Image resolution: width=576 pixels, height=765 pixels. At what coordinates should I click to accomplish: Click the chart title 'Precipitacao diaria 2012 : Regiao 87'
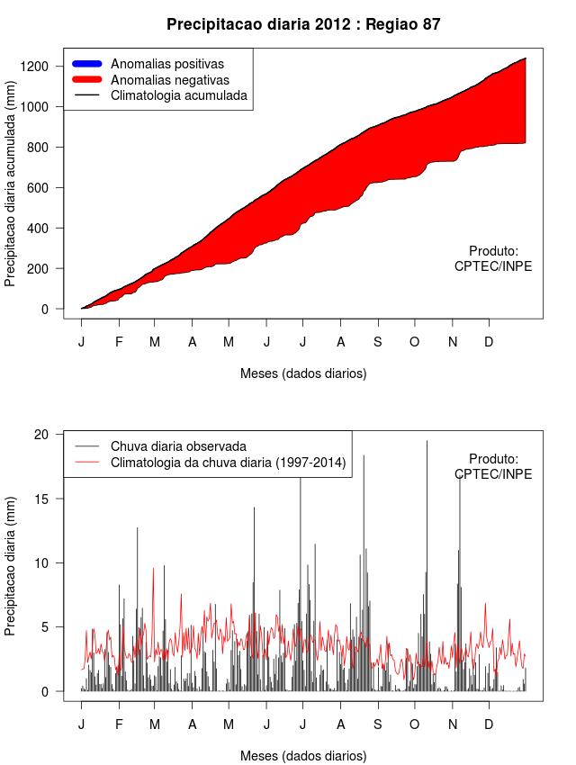[x=303, y=24]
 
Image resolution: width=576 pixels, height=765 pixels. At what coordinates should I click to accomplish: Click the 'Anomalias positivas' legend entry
[x=166, y=64]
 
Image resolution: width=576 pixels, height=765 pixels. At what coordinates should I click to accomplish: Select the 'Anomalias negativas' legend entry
[x=169, y=79]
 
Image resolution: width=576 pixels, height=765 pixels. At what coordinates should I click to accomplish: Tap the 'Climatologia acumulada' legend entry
[x=178, y=94]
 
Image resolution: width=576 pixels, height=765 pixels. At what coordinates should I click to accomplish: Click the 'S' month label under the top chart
[x=378, y=342]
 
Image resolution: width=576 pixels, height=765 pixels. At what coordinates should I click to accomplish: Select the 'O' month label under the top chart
[x=414, y=342]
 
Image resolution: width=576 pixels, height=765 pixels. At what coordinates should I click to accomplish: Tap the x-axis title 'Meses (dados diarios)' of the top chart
[x=303, y=373]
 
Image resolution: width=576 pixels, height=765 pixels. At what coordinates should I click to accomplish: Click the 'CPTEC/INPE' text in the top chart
[x=493, y=265]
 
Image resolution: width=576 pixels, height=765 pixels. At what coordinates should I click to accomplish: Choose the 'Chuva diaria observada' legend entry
[x=178, y=446]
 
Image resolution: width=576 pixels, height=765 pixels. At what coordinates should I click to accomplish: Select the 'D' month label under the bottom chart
[x=489, y=724]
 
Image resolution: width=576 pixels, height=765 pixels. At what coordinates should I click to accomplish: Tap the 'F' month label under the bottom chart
[x=119, y=724]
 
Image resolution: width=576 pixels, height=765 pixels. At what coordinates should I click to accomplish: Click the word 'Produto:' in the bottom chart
[x=493, y=459]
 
